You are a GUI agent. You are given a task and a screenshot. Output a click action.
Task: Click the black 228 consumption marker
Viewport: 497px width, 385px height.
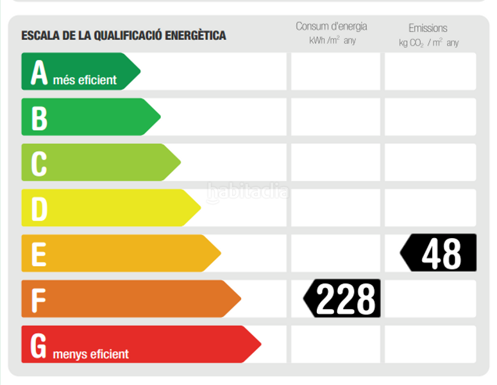[x=342, y=298]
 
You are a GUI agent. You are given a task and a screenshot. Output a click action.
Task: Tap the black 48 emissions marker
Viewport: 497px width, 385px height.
[x=439, y=253]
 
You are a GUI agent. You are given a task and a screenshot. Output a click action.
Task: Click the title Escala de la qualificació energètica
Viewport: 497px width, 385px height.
[x=124, y=36]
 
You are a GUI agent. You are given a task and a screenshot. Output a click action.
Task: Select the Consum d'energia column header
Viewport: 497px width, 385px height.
[x=332, y=26]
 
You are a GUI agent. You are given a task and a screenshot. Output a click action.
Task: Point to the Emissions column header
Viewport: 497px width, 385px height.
[x=428, y=28]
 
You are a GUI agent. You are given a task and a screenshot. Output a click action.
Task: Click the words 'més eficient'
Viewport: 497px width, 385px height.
[x=85, y=80]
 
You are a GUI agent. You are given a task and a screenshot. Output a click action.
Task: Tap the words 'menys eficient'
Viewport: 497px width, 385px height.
[x=90, y=354]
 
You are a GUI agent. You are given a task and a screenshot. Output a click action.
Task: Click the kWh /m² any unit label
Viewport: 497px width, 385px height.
[x=332, y=40]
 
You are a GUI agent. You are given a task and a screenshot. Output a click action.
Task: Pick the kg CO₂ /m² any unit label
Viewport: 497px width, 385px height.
[x=428, y=43]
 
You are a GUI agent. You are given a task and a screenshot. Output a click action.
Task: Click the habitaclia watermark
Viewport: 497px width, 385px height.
[x=248, y=191]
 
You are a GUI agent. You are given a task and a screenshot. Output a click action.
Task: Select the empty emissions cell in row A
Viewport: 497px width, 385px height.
[x=430, y=71]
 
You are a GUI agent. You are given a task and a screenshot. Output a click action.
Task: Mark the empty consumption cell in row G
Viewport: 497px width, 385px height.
[x=335, y=344]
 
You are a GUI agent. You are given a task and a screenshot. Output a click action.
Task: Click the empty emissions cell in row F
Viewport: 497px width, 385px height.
[x=430, y=298]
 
